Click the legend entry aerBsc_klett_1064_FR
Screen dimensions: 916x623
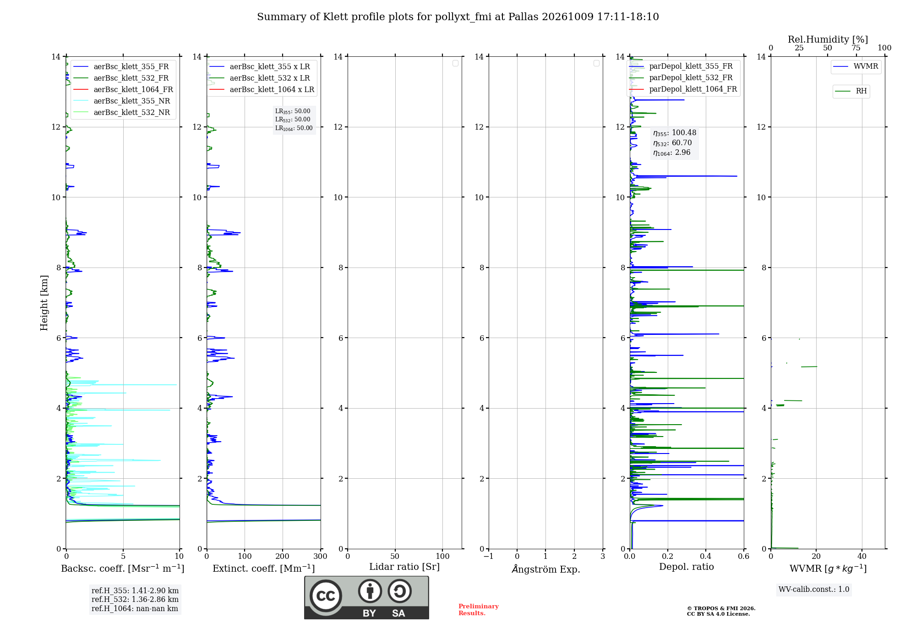coord(123,89)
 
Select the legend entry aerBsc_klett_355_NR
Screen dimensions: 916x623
coord(121,101)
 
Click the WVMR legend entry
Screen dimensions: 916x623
coord(856,66)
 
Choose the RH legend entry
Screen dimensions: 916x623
coord(851,91)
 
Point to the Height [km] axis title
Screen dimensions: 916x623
coord(44,303)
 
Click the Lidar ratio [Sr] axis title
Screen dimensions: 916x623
coord(404,567)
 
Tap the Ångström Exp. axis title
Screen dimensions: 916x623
coord(546,568)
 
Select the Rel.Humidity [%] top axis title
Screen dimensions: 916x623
coord(828,39)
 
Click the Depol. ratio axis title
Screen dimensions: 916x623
coord(687,567)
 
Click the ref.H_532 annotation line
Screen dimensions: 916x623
coord(135,599)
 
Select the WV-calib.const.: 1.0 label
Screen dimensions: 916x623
coord(814,590)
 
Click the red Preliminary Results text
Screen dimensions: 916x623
coord(478,610)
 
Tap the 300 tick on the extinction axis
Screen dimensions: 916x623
coord(321,556)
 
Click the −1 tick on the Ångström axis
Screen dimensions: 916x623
coord(489,556)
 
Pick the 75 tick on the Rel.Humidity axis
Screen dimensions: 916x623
coord(856,48)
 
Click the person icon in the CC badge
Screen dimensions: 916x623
coord(370,591)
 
